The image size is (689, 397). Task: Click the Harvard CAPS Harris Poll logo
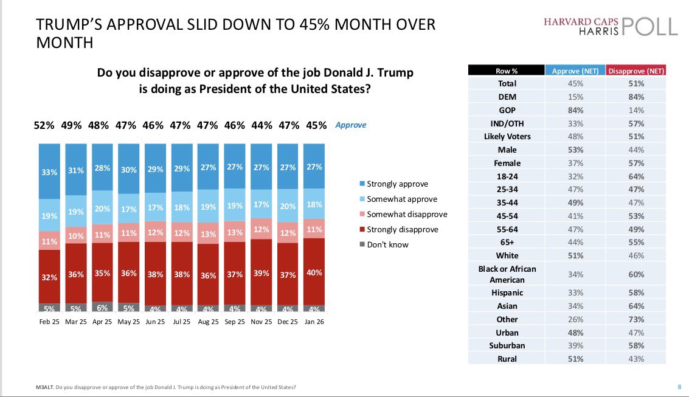tap(611, 26)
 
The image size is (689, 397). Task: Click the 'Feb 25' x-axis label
tap(49, 322)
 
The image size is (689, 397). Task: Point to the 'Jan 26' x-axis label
tap(313, 322)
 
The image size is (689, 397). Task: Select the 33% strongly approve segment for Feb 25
tap(49, 172)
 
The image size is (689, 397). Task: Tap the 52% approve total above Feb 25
tap(44, 125)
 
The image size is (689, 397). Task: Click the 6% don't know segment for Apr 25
tap(102, 307)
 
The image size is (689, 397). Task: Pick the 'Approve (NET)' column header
tap(575, 71)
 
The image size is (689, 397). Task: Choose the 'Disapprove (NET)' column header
tap(635, 71)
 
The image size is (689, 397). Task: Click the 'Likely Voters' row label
tap(507, 136)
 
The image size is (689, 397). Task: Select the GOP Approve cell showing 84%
tap(575, 110)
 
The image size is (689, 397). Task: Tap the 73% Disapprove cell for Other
tap(636, 319)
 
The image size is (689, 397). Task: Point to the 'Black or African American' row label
tap(507, 274)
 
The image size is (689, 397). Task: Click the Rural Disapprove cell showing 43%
tap(636, 359)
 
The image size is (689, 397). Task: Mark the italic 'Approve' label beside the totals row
tap(351, 125)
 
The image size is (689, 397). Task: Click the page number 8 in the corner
tap(679, 387)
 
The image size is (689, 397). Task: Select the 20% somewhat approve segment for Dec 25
tap(287, 205)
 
